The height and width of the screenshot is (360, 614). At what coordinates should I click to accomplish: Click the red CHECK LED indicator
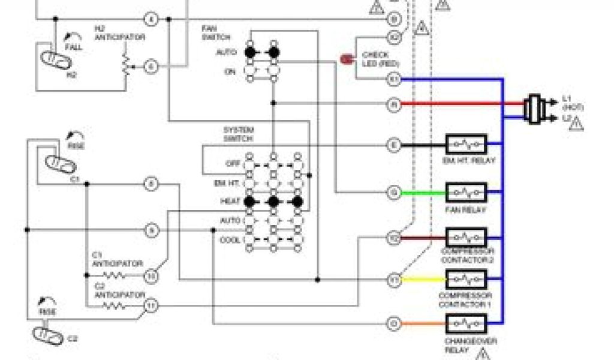point(347,59)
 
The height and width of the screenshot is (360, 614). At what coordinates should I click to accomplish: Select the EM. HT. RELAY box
point(466,145)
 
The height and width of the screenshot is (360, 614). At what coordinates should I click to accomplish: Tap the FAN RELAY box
point(466,193)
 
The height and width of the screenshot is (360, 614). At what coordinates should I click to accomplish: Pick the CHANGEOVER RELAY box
point(466,325)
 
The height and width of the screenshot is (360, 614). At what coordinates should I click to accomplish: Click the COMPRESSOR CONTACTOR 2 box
point(466,238)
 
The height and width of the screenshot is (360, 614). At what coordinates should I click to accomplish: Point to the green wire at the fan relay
point(423,193)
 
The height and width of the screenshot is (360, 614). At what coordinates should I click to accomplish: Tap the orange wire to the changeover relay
point(423,325)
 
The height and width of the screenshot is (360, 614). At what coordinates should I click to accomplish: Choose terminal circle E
point(393,145)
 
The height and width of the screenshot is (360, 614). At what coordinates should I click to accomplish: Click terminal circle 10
point(151,275)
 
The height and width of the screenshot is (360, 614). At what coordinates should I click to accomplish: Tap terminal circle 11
point(151,305)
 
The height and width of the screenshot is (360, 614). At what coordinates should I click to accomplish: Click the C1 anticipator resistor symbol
point(113,275)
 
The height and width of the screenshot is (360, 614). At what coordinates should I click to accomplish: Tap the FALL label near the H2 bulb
point(75,46)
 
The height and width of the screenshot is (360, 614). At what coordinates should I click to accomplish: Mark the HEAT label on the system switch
point(230,202)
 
